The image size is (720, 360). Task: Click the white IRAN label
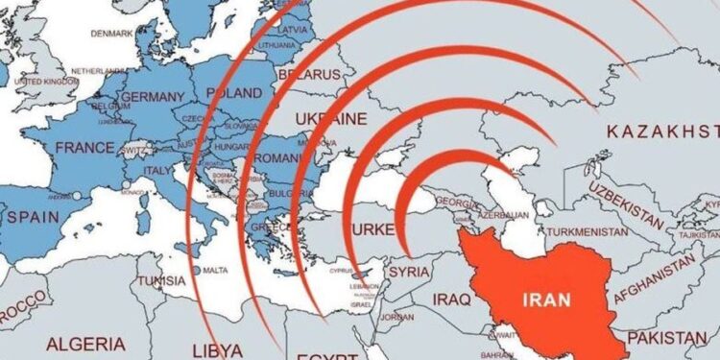point(548,299)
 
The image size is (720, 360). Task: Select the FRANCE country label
point(85,148)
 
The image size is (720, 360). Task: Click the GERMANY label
point(153,97)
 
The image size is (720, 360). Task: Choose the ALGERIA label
point(85,343)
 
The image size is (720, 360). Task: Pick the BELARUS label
point(309,74)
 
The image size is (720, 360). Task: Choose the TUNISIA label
point(160,281)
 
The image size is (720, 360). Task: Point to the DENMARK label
point(112,34)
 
